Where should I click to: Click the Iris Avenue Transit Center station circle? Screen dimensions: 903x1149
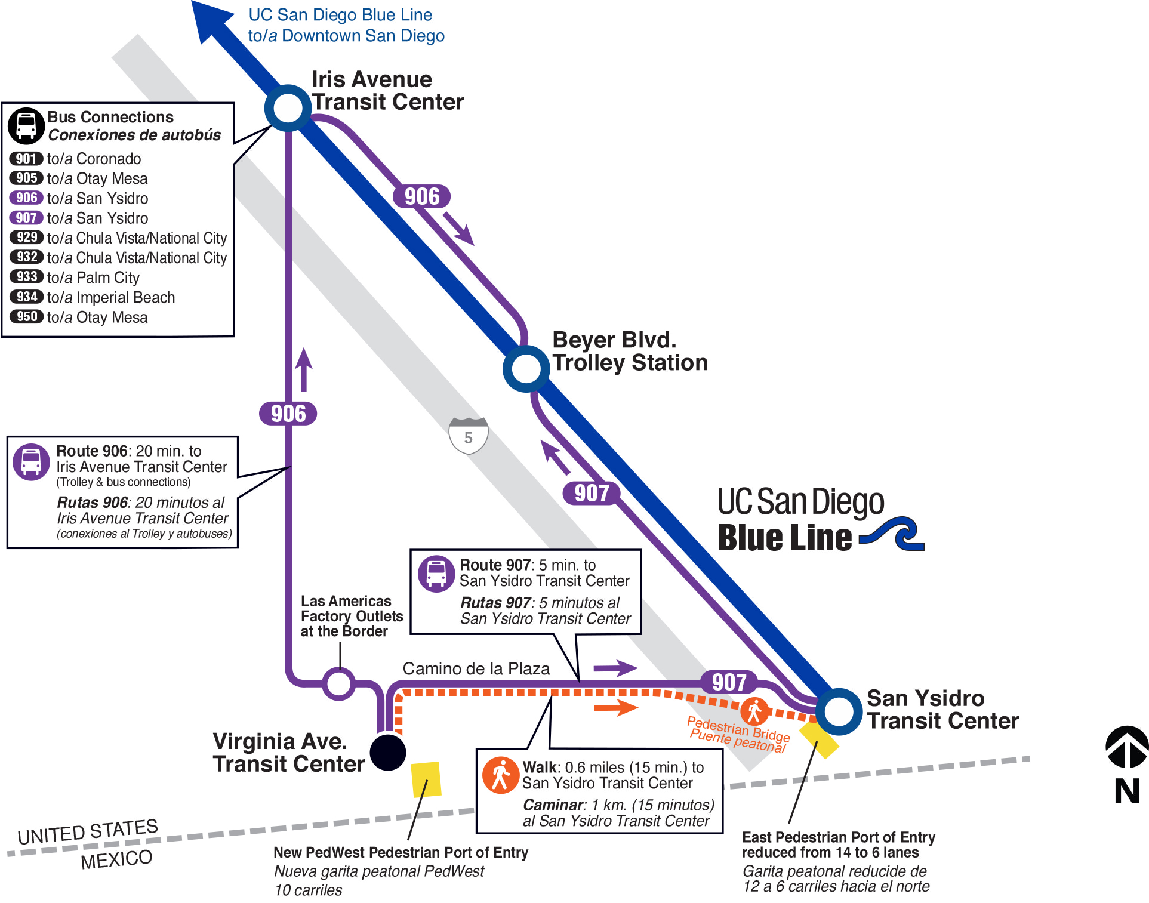(288, 109)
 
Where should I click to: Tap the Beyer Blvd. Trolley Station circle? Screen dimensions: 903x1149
(526, 369)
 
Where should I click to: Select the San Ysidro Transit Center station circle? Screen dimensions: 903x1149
(839, 711)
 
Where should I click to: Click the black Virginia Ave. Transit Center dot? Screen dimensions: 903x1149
(388, 752)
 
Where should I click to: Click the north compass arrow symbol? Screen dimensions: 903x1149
(1127, 747)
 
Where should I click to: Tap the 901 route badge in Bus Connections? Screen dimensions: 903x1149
(26, 159)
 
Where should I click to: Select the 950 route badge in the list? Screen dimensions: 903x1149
(26, 316)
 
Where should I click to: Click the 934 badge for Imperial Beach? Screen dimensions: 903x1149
(26, 297)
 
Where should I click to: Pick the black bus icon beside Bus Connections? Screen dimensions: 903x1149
(26, 126)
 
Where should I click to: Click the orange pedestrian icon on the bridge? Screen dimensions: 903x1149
(754, 711)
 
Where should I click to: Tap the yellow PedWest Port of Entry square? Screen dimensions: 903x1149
(426, 779)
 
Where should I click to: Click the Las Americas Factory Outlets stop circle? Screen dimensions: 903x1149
(339, 683)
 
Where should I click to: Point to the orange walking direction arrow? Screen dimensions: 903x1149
(616, 708)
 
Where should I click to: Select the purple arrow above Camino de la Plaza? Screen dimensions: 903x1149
(615, 668)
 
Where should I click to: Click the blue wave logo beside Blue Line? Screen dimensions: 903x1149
(892, 534)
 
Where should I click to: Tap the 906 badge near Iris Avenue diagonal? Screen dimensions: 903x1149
(422, 196)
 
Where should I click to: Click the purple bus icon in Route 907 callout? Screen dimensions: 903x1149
(436, 574)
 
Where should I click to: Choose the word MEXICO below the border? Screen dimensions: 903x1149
(116, 860)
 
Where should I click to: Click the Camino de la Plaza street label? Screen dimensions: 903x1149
(476, 668)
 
